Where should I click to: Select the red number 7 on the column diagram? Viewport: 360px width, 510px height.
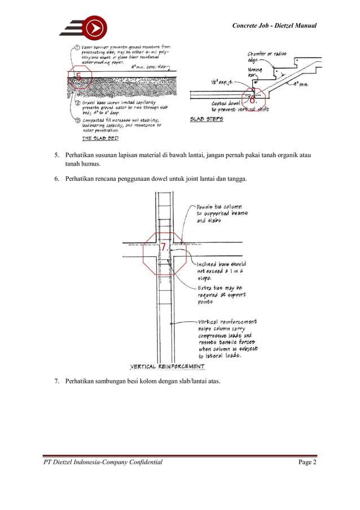click(163, 247)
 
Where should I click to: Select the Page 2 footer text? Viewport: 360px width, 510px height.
click(307, 463)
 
